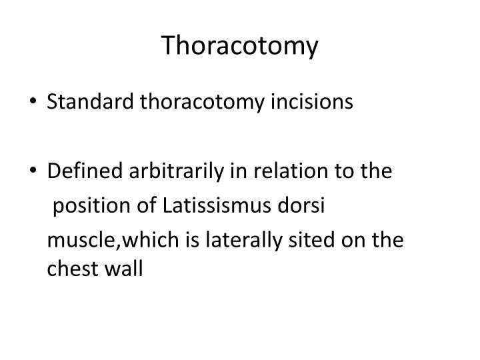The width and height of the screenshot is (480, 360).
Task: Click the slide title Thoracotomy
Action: (240, 46)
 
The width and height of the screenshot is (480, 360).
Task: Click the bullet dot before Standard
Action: (35, 103)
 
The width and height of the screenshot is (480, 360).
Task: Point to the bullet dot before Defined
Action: (35, 173)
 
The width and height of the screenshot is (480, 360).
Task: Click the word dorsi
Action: (305, 205)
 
